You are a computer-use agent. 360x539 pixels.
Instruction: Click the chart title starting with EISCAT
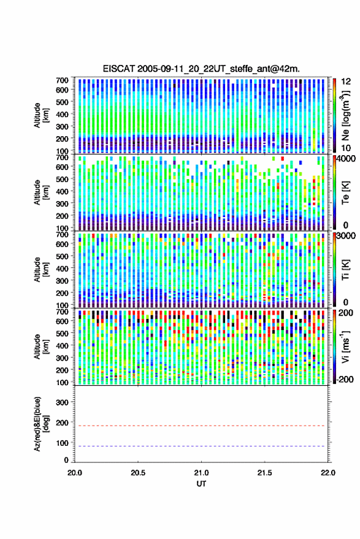coord(201,69)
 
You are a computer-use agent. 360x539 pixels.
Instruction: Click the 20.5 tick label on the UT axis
coord(138,473)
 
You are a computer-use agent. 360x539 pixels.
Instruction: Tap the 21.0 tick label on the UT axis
coord(201,473)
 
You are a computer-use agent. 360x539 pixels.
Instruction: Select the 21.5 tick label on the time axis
coord(264,473)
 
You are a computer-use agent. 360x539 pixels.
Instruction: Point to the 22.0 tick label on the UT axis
coord(327,473)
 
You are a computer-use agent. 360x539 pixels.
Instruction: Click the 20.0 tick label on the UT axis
coord(75,473)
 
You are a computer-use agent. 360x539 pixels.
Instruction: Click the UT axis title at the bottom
coord(201,484)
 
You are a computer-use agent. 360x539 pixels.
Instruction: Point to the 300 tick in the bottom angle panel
coord(62,402)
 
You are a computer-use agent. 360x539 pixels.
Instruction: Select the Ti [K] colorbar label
coord(346,270)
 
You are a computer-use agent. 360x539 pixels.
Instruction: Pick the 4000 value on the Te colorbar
coord(347,159)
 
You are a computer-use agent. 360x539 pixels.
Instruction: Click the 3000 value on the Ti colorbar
coord(347,236)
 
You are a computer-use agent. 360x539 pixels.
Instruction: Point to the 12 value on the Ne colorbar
coord(347,82)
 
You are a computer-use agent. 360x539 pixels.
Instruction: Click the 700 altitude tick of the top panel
coord(62,80)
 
